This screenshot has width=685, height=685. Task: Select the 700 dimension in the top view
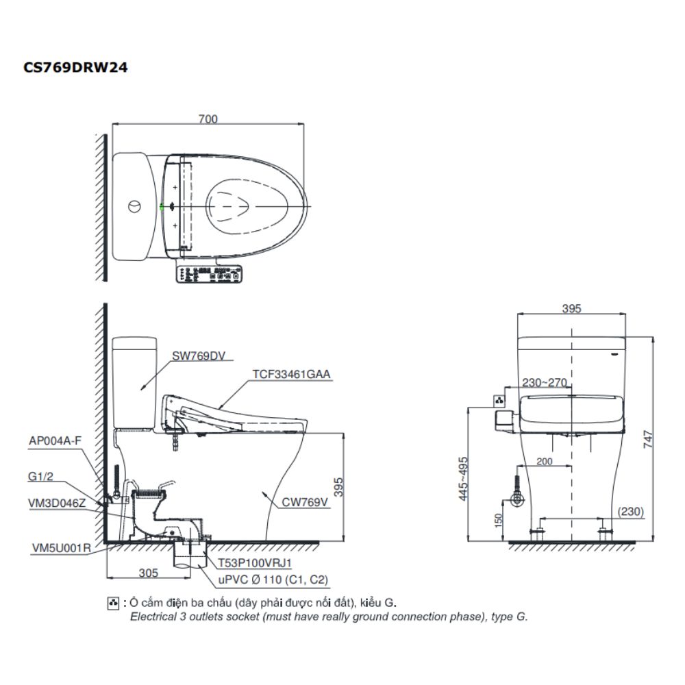[x=208, y=119]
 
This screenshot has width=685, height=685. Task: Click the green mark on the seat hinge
[x=162, y=206]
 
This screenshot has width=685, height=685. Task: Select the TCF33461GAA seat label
[x=291, y=374]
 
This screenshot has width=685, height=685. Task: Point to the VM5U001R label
[x=62, y=548]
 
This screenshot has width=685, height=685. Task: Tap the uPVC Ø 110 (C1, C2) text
[x=273, y=580]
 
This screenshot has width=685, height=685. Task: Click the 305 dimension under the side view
[x=149, y=572]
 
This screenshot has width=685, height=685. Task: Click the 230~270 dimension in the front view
[x=545, y=383]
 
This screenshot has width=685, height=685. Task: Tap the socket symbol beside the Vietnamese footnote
[x=114, y=603]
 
